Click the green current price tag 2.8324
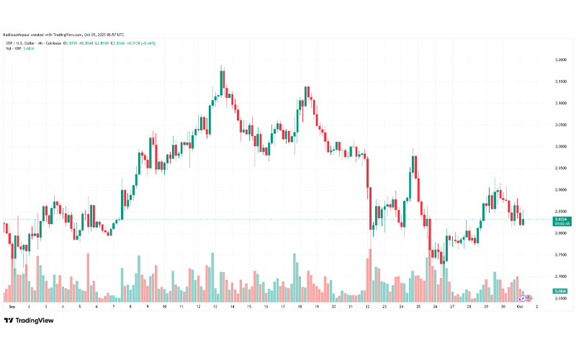click(562, 219)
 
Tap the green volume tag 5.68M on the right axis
click(562, 291)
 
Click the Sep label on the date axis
click(10, 306)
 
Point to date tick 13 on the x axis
click(215, 306)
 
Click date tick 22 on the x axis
click(368, 306)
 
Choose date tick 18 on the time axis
click(300, 306)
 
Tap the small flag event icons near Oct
click(526, 298)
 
